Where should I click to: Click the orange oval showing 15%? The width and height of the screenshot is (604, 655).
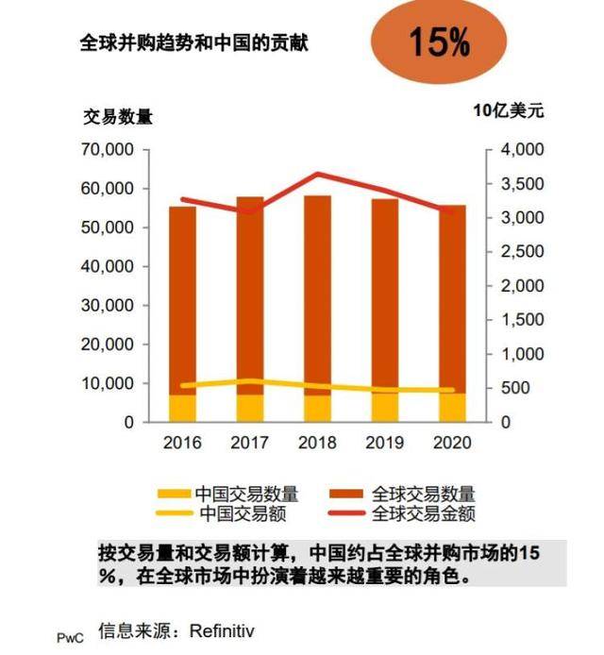click(x=439, y=43)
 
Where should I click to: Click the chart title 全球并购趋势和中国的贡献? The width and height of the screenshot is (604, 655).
click(x=193, y=43)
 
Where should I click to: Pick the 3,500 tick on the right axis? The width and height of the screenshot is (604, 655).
click(x=515, y=184)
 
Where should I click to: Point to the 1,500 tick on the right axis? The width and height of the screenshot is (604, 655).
click(x=515, y=320)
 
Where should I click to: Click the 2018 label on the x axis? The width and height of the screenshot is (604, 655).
click(x=316, y=442)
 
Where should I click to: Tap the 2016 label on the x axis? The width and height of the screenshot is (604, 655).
click(x=182, y=442)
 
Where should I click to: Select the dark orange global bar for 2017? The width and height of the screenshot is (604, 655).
click(x=249, y=283)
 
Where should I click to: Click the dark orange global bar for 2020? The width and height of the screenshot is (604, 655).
click(x=452, y=283)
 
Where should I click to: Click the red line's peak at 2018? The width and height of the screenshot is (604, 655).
click(x=317, y=174)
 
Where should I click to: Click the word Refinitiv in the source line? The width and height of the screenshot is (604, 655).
click(x=222, y=630)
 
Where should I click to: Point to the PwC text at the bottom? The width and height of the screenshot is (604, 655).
click(x=70, y=637)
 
